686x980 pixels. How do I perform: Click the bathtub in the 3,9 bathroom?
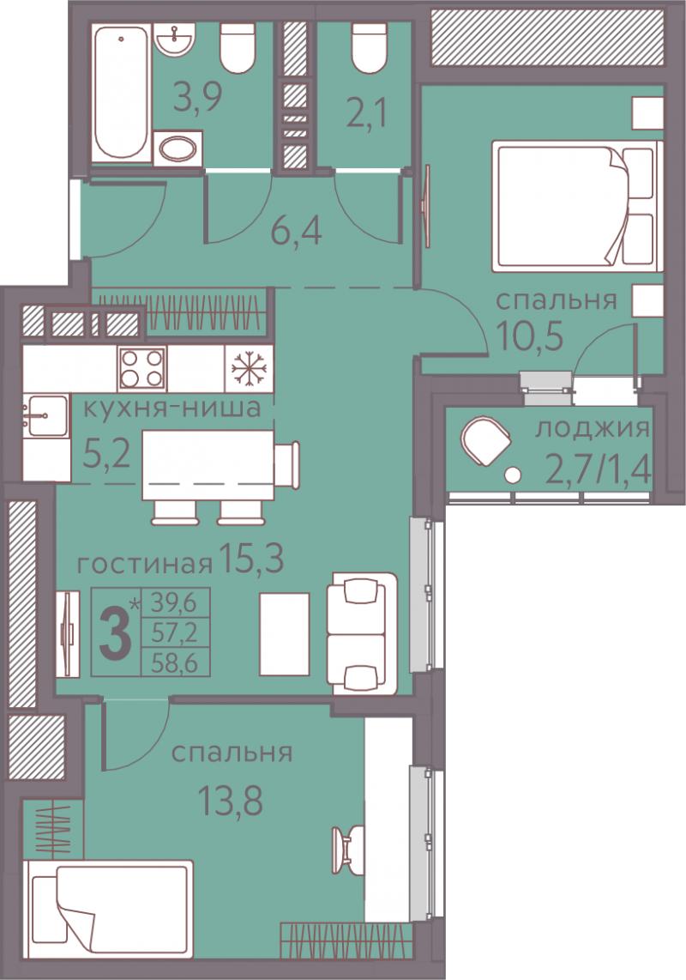[122, 93]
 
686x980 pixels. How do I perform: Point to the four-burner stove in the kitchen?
[141, 368]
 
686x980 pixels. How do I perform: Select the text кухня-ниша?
[171, 408]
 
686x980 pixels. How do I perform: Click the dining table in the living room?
[208, 464]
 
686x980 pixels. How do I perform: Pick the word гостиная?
[144, 565]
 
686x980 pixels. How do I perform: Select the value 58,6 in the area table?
[174, 663]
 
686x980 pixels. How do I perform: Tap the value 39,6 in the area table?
[174, 603]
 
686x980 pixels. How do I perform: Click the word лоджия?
[593, 429]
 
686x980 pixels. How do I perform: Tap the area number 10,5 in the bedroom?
[531, 337]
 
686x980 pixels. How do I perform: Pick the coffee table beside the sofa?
[285, 633]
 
